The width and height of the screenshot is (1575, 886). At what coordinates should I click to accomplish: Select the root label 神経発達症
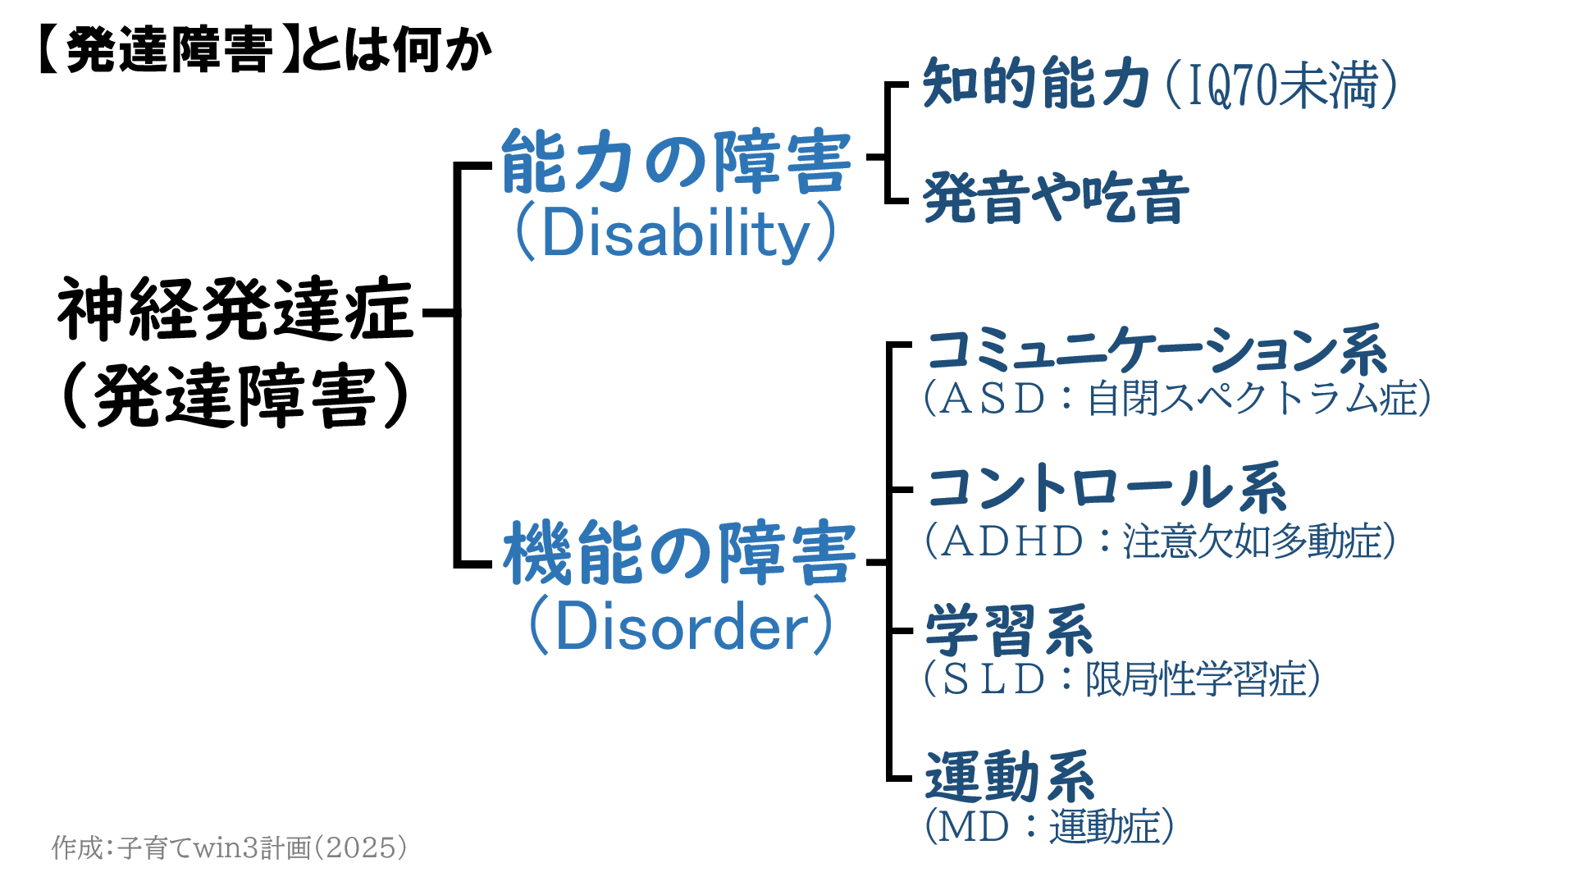[235, 310]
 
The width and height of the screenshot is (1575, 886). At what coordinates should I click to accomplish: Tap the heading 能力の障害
[677, 162]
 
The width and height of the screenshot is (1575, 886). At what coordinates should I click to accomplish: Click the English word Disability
[677, 234]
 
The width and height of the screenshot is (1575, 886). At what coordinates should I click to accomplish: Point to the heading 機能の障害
[680, 553]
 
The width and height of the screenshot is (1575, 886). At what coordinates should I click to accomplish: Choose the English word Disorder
[682, 627]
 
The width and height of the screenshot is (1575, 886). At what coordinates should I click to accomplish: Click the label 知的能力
[1036, 84]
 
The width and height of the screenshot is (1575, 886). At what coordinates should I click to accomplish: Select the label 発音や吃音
[1056, 198]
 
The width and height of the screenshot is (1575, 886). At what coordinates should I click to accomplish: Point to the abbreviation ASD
[993, 400]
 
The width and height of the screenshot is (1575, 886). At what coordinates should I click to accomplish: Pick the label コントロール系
[1107, 488]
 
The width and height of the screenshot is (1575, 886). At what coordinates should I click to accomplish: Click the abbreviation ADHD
[1012, 541]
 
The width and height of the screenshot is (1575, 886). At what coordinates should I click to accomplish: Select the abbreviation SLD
[993, 679]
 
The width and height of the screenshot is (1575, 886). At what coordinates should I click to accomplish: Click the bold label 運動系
[1010, 776]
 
